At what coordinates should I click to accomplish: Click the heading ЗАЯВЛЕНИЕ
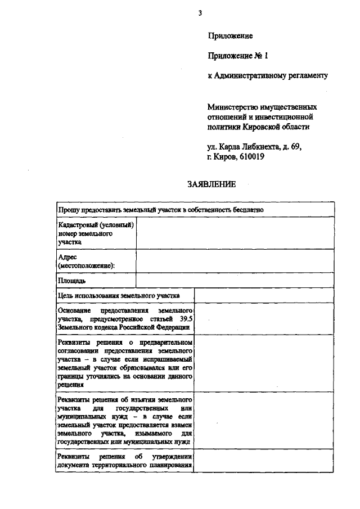tap(211, 184)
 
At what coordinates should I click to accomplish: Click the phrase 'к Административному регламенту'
tap(267, 75)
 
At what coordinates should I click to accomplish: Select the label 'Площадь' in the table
tap(71, 280)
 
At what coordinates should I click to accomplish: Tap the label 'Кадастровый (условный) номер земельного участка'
tap(95, 233)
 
